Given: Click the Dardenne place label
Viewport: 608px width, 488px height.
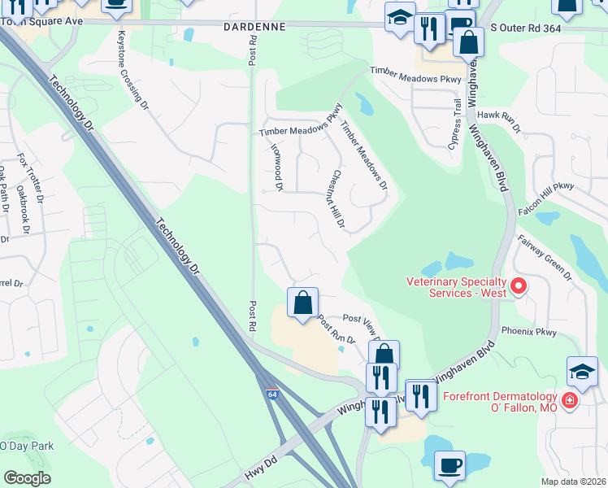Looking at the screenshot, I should (x=254, y=27).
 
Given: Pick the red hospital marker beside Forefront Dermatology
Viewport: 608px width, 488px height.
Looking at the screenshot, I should (x=570, y=401).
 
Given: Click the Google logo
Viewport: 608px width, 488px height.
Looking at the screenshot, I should (x=27, y=478).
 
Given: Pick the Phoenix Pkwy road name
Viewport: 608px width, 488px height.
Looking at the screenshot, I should (x=528, y=331).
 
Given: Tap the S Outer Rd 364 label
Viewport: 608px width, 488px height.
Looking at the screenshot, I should (x=528, y=28).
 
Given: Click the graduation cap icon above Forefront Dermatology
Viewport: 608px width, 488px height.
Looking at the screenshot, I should (x=582, y=372).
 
